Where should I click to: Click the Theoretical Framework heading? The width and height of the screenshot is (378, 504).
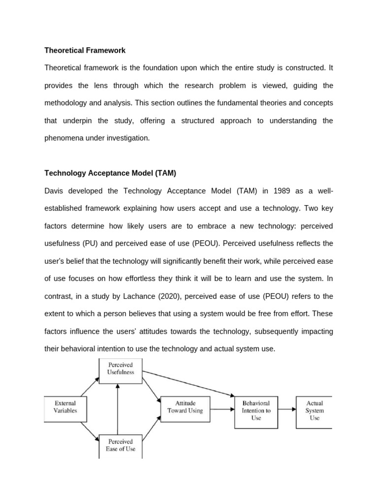85,50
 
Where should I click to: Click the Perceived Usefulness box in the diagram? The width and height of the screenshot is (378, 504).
121,369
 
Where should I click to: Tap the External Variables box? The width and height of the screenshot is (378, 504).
65,407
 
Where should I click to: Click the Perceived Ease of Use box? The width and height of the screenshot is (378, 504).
121,445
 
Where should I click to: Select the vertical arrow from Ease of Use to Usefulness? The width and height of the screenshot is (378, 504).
117,409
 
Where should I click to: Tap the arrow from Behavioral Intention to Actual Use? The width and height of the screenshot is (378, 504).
286,409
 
